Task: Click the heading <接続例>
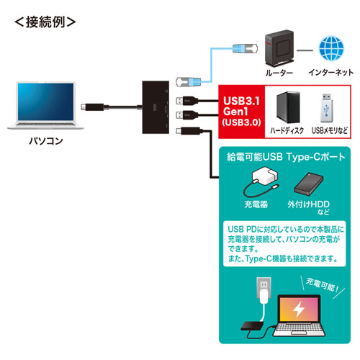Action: pos(45,20)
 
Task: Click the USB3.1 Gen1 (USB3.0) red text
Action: pos(243,111)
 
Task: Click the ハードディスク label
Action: pos(287,131)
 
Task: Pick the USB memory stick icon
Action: pos(328,107)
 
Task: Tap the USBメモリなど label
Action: pos(329,131)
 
